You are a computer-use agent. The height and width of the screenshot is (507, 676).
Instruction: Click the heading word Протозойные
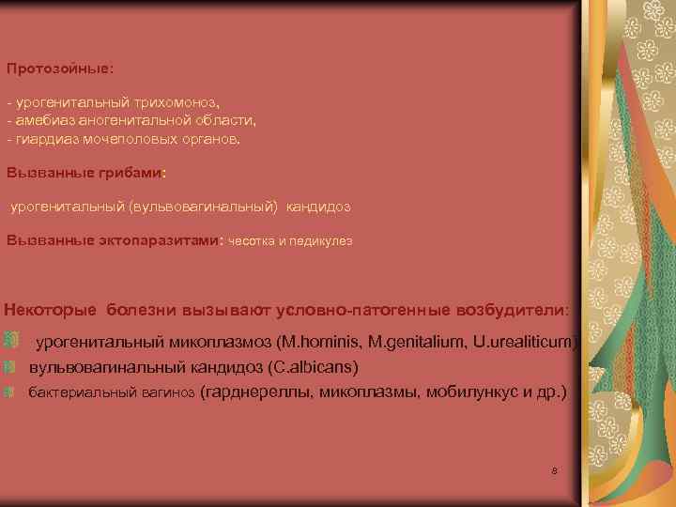click(58, 69)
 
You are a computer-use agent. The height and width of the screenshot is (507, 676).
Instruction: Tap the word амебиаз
click(41, 120)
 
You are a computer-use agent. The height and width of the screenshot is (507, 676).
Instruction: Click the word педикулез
click(324, 240)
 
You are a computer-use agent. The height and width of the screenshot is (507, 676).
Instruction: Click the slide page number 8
click(555, 469)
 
